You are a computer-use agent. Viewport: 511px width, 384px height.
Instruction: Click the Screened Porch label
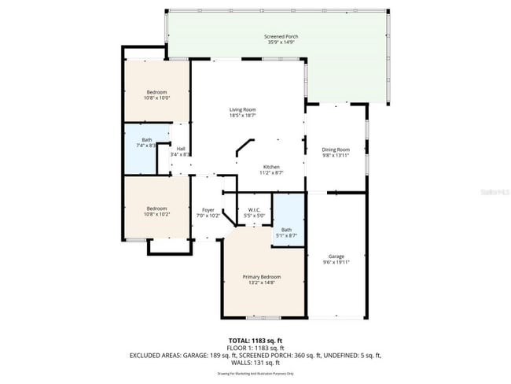[x=280, y=37]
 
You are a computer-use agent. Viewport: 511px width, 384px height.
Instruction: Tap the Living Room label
[x=242, y=109]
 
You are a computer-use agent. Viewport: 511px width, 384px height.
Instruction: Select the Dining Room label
[x=336, y=150]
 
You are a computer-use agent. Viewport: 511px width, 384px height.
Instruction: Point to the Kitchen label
[x=270, y=167]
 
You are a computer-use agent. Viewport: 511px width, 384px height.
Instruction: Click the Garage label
[x=336, y=257]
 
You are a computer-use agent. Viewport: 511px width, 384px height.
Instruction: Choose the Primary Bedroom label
[x=261, y=277]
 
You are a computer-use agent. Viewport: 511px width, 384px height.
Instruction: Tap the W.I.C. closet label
[x=254, y=209]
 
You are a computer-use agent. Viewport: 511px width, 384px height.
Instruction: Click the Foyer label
[x=208, y=209]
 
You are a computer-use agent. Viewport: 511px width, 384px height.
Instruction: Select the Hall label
[x=181, y=149]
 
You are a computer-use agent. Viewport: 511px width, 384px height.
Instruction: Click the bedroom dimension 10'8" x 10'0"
[x=156, y=98]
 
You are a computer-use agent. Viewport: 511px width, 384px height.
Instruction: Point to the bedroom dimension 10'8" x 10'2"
[x=156, y=214]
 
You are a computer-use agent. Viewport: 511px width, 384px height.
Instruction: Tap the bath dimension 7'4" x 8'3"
[x=147, y=146]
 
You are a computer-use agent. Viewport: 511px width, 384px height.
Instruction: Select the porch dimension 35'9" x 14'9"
[x=280, y=43]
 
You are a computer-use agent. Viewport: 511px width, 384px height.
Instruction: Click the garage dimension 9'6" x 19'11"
[x=336, y=263]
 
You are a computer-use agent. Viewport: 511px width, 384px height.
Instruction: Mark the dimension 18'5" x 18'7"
[x=242, y=116]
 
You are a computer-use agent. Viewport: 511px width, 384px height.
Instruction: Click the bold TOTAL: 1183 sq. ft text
[x=255, y=341]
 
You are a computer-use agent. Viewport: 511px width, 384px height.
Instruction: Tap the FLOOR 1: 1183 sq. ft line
[x=255, y=348]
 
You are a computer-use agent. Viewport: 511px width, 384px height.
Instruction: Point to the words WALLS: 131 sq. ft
[x=255, y=362]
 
